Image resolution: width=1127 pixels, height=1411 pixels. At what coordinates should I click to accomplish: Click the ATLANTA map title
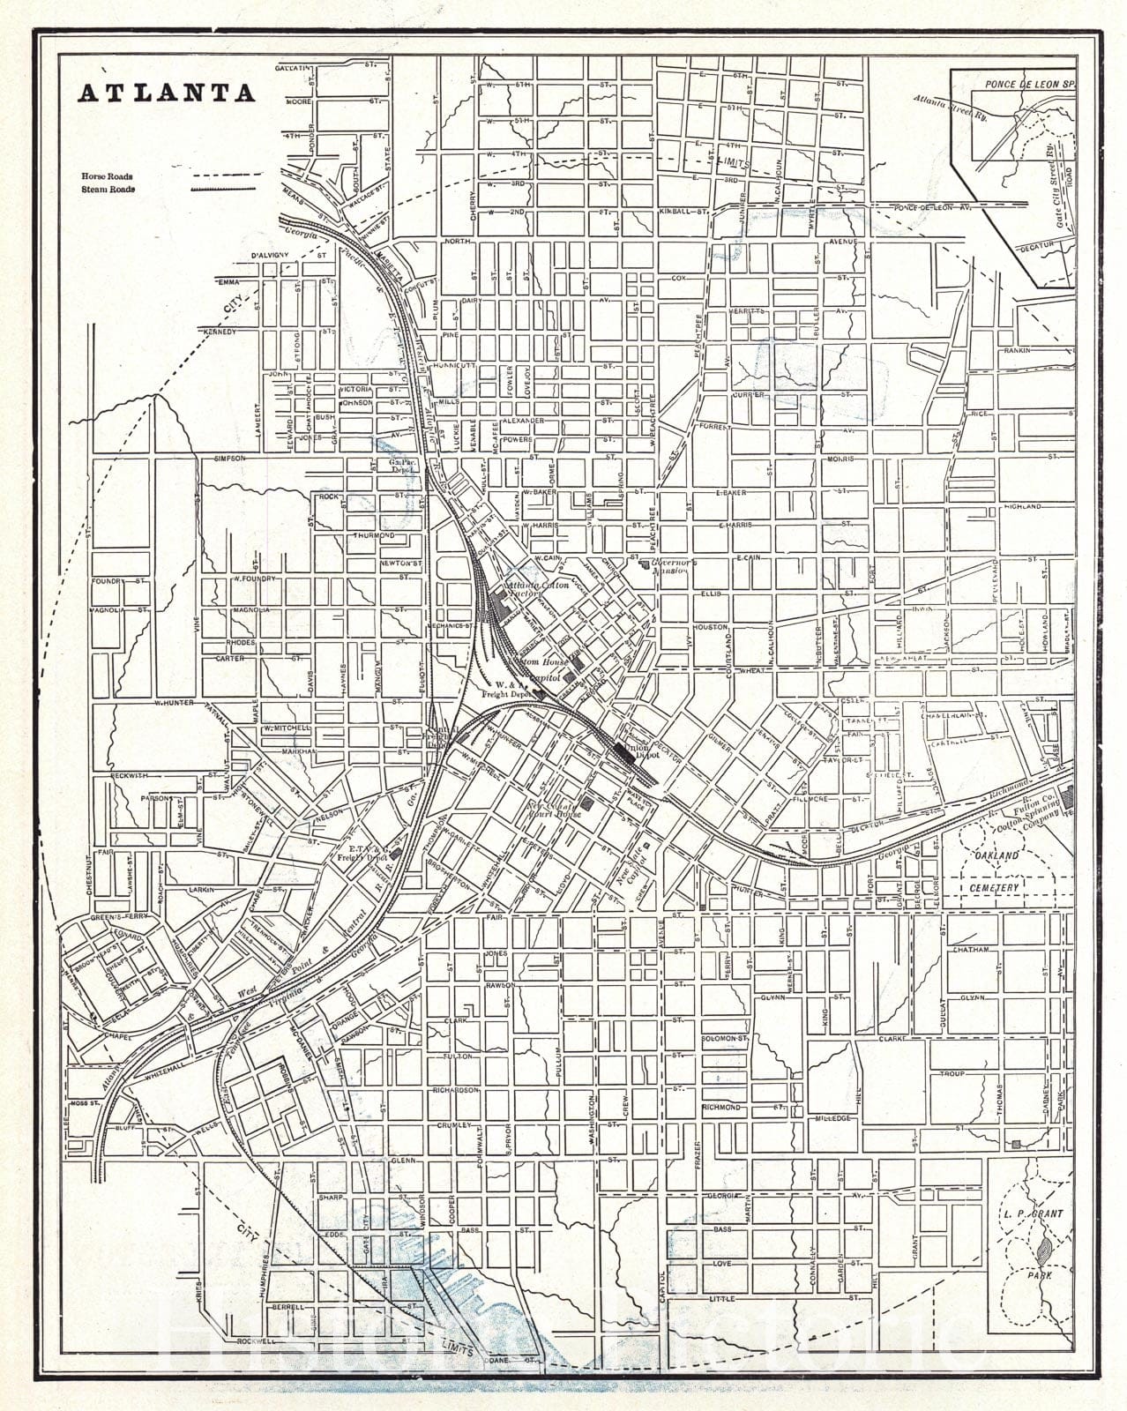[x=168, y=93]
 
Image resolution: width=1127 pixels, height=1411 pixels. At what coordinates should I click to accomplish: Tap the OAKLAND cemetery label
[x=996, y=855]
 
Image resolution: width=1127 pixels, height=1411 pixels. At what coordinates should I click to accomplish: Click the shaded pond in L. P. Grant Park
[x=1044, y=1248]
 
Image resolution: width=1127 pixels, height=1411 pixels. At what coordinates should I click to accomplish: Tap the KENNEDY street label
[x=220, y=332]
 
